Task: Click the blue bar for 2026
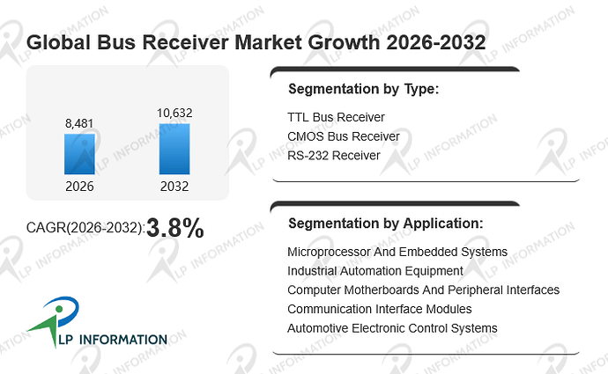click(x=79, y=154)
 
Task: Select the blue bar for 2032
click(x=174, y=149)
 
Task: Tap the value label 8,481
click(x=79, y=123)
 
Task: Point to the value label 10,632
click(x=174, y=113)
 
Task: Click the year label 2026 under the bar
click(x=79, y=187)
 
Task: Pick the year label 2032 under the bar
click(x=174, y=187)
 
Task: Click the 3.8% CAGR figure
click(x=175, y=228)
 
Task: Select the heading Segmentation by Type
click(x=363, y=89)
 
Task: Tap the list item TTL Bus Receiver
click(x=336, y=117)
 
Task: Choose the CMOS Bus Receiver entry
click(x=343, y=136)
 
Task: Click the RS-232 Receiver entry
click(x=333, y=155)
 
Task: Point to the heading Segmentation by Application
click(x=385, y=224)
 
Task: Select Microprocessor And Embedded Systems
click(x=397, y=252)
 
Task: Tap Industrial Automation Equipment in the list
click(x=375, y=271)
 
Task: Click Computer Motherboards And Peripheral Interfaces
click(x=423, y=290)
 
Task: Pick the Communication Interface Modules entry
click(x=379, y=309)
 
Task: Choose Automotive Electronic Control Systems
click(x=392, y=328)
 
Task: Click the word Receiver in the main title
click(x=185, y=42)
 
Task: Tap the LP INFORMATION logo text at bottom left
click(x=113, y=340)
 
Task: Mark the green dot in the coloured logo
click(x=59, y=309)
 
